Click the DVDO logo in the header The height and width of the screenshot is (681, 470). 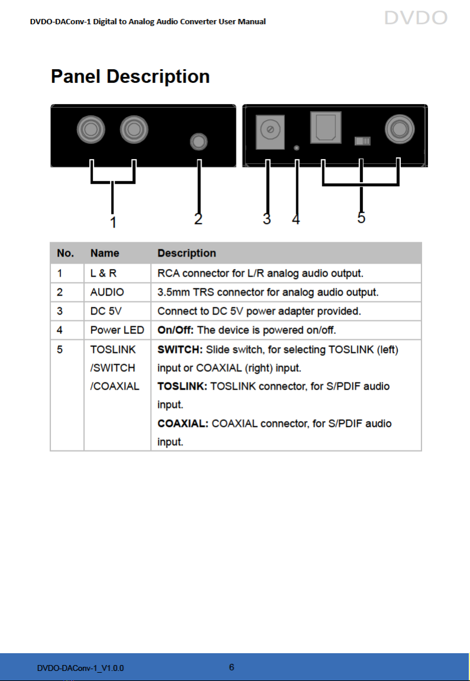[416, 18]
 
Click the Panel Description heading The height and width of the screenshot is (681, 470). [130, 76]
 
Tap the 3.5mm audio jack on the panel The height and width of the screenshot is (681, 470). [199, 142]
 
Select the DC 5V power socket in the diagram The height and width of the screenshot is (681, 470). [270, 132]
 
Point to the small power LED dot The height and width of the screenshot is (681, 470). [297, 148]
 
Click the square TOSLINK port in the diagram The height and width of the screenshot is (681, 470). [326, 127]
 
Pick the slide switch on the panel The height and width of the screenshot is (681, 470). [363, 141]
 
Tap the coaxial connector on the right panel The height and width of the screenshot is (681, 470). [400, 129]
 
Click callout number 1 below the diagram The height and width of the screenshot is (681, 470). [113, 222]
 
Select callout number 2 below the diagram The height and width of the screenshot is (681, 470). [198, 219]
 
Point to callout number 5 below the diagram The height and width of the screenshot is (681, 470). [361, 217]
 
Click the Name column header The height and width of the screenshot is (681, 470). [105, 253]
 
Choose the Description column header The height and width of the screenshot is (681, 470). [187, 253]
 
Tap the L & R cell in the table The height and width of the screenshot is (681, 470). [103, 273]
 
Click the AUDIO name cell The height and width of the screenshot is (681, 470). [107, 292]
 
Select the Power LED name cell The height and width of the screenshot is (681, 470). [117, 330]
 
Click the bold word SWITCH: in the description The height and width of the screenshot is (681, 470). [180, 349]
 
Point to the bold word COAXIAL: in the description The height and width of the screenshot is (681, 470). [183, 423]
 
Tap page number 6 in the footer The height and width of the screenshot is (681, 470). [232, 667]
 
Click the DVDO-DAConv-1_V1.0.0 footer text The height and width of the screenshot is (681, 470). [80, 668]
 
